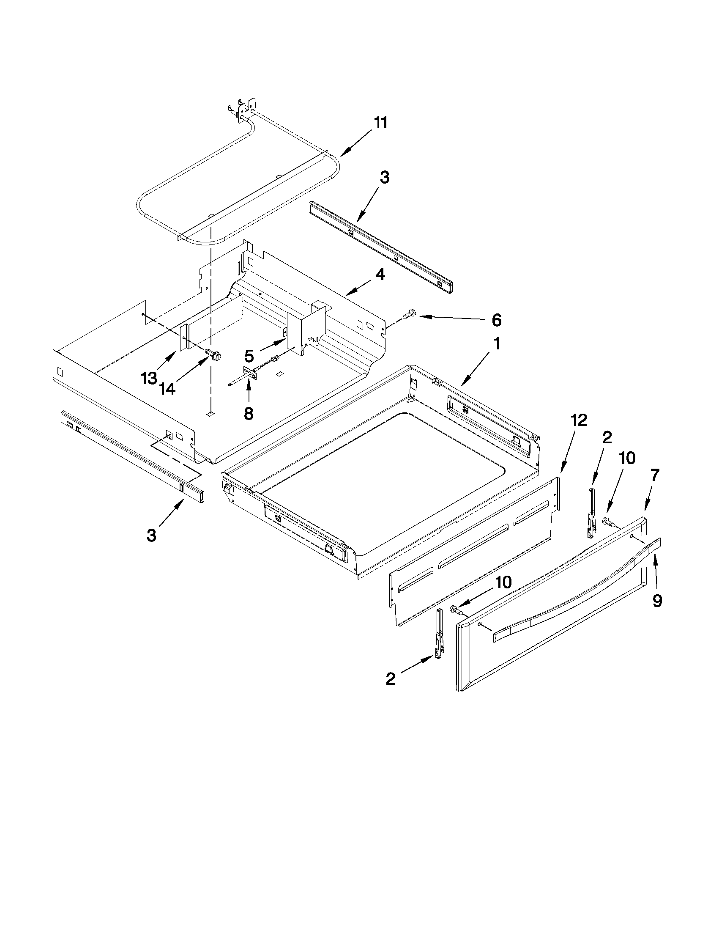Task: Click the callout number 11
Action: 380,123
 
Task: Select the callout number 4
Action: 380,275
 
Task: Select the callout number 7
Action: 655,475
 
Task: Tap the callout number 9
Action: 657,601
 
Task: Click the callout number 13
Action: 149,378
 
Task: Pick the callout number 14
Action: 168,388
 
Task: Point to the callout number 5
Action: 249,355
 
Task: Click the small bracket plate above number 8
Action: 250,374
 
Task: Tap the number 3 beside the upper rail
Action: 384,177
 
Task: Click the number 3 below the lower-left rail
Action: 151,535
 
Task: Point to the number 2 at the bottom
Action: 390,678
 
